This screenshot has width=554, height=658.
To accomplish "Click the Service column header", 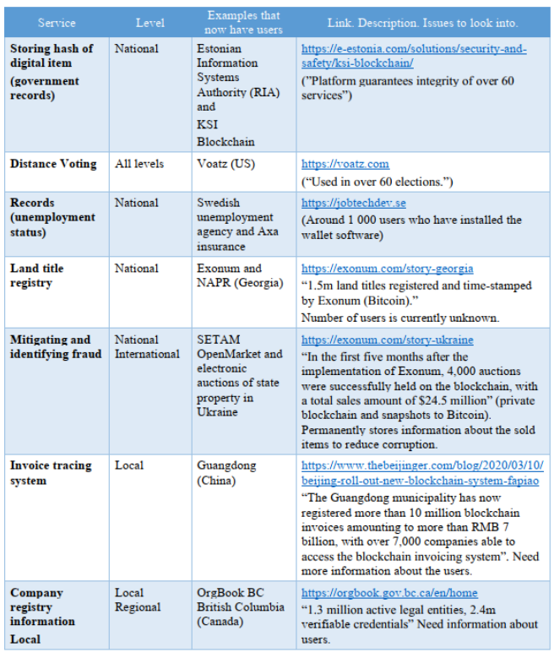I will tap(57, 23).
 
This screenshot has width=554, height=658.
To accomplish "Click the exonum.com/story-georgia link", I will tap(387, 269).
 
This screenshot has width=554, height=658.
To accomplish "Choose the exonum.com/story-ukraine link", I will tap(387, 340).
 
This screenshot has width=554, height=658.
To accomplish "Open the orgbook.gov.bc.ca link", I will tap(389, 593).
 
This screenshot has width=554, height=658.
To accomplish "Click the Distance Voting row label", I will tap(53, 164).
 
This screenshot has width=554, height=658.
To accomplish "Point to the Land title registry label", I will tap(37, 275).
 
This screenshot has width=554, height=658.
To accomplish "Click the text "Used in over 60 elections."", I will tap(377, 181).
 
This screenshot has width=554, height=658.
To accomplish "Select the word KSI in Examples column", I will tap(209, 122).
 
